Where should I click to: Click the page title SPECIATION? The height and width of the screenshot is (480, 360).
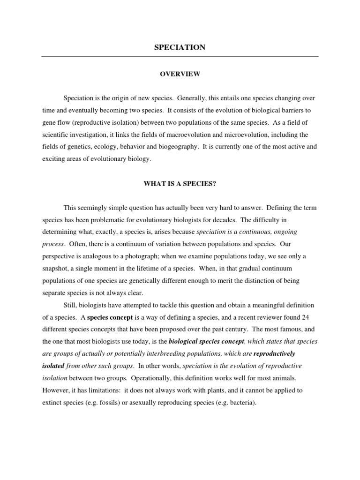pyautogui.click(x=180, y=47)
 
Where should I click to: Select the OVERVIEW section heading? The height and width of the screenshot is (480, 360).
pyautogui.click(x=180, y=74)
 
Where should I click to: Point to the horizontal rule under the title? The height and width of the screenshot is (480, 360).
pyautogui.click(x=180, y=57)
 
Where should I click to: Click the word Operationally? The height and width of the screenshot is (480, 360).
pyautogui.click(x=159, y=378)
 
